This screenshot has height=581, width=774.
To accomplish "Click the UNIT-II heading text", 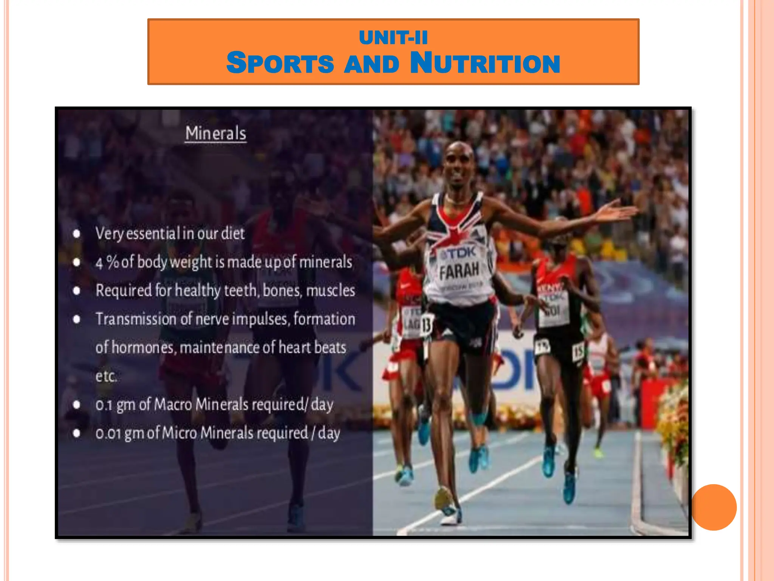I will click(x=393, y=37).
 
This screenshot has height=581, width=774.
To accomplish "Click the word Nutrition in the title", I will click(x=485, y=63).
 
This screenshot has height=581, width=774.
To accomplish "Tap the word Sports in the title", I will click(x=280, y=63).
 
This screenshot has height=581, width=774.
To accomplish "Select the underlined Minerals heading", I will click(x=215, y=134).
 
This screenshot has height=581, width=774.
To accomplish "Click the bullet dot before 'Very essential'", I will click(x=77, y=234).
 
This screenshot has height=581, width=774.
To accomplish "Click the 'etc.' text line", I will click(x=106, y=376).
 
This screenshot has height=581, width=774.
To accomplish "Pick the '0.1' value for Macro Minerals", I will click(x=104, y=405).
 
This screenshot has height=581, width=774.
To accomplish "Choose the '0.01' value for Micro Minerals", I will click(x=108, y=433).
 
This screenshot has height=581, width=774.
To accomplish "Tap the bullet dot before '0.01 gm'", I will click(x=77, y=433).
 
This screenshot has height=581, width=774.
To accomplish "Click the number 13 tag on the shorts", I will click(x=426, y=324).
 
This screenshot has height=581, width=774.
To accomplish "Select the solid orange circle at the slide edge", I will click(x=714, y=507).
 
